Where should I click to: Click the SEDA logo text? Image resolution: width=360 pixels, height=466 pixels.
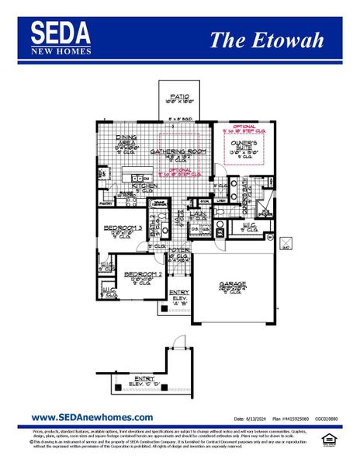61,33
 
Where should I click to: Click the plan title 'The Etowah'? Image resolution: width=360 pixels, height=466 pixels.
266,40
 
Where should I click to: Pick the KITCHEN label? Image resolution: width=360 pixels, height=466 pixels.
144,186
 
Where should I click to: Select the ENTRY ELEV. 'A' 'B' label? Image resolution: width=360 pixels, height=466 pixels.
179,296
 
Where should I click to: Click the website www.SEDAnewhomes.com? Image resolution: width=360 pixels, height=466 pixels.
92,417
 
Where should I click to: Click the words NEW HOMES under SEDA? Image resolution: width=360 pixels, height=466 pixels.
61,51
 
